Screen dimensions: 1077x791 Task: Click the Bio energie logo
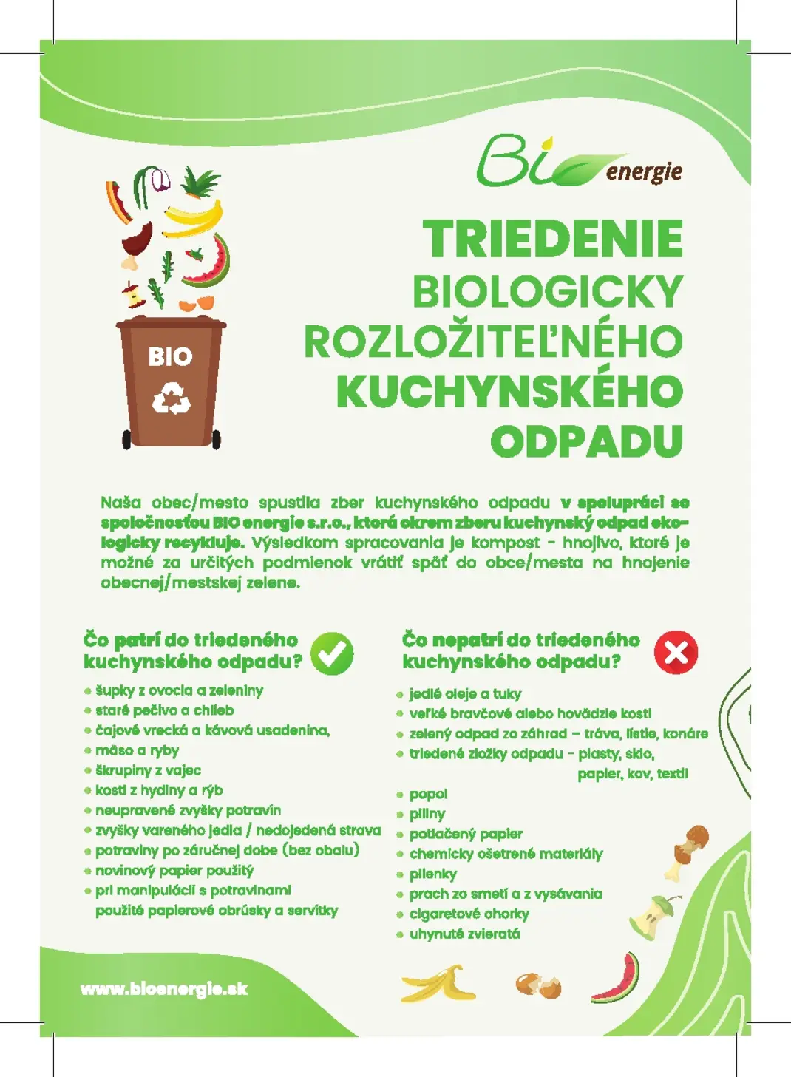pyautogui.click(x=578, y=162)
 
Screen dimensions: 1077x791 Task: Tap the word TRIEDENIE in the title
pyautogui.click(x=553, y=239)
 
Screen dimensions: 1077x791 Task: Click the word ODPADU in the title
pyautogui.click(x=586, y=441)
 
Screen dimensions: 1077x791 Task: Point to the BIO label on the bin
pyautogui.click(x=170, y=357)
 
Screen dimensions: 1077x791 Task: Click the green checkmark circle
pyautogui.click(x=332, y=653)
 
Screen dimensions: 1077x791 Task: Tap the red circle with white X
pyautogui.click(x=676, y=652)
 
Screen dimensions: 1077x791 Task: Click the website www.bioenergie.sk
pyautogui.click(x=164, y=989)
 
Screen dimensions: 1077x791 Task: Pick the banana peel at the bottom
pyautogui.click(x=438, y=983)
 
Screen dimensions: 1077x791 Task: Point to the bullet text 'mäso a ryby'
pyautogui.click(x=137, y=750)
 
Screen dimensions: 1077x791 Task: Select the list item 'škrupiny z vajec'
pyautogui.click(x=148, y=770)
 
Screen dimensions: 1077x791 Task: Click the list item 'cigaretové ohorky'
pyautogui.click(x=469, y=914)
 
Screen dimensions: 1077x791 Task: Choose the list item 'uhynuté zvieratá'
pyautogui.click(x=464, y=934)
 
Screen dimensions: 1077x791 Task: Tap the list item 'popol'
pyautogui.click(x=428, y=794)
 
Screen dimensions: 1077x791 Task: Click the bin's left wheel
pyautogui.click(x=126, y=439)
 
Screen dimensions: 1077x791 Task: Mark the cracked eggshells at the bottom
pyautogui.click(x=538, y=985)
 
